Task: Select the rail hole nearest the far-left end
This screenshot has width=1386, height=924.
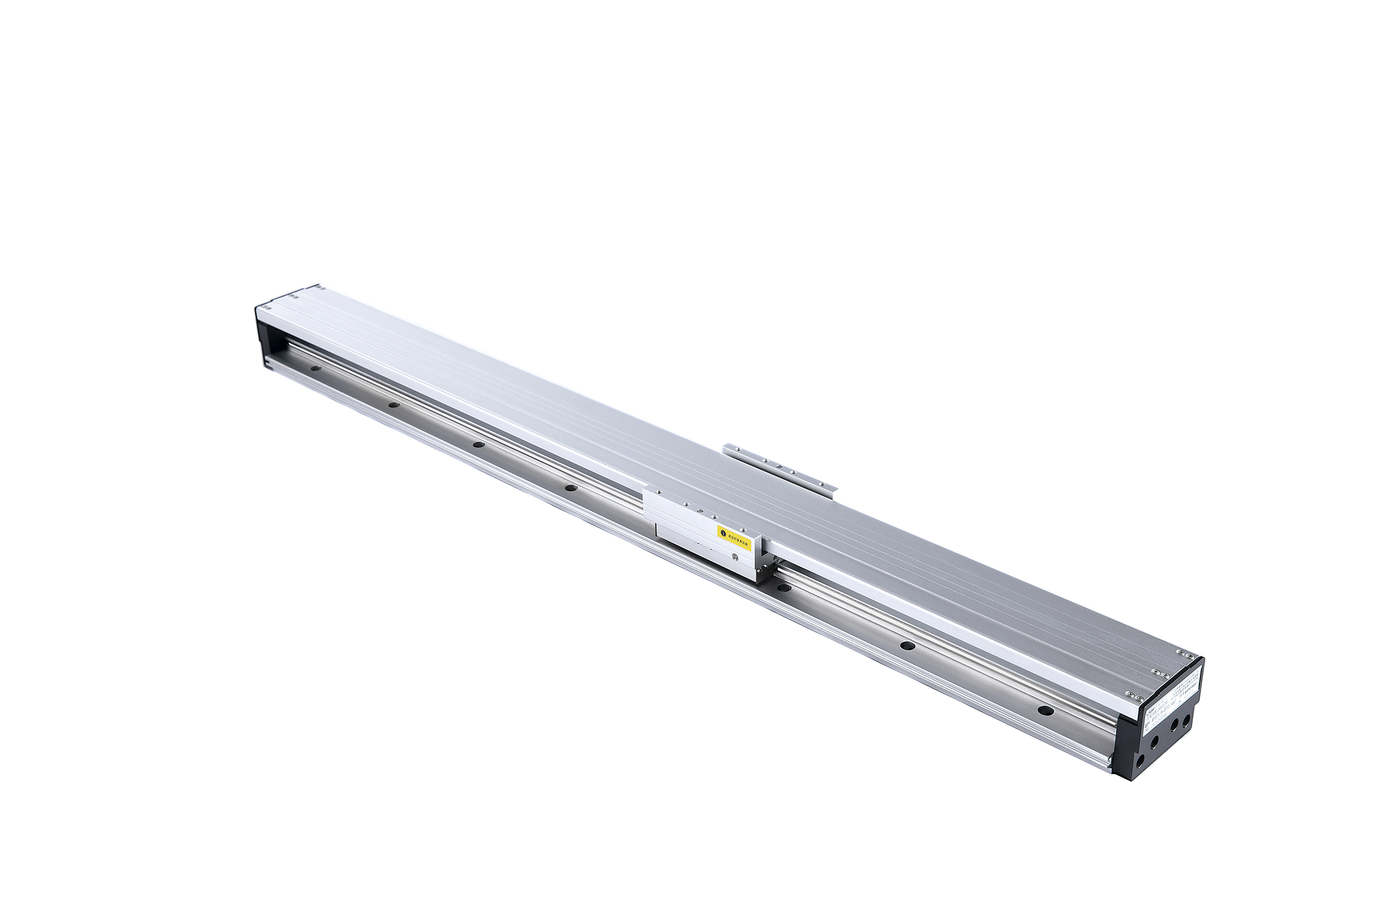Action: click(x=316, y=370)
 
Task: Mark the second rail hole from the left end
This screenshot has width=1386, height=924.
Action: click(x=392, y=405)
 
